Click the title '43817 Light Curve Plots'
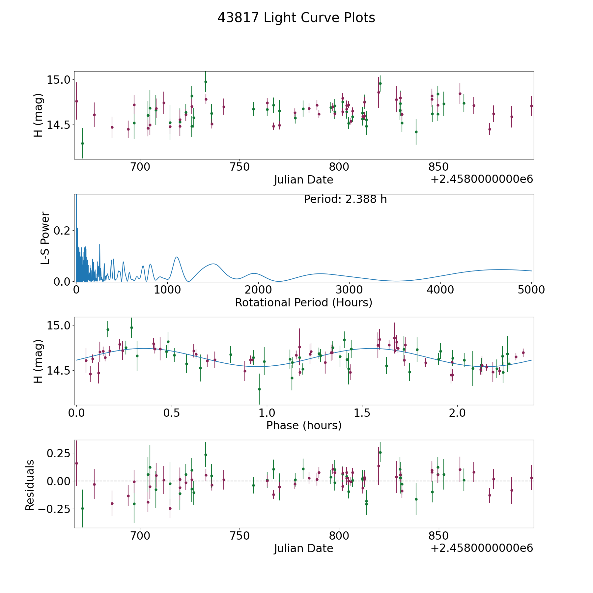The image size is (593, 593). (x=296, y=18)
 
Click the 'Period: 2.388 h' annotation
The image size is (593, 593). (x=345, y=199)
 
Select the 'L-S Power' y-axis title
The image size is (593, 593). (x=45, y=238)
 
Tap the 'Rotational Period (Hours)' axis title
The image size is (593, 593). (x=303, y=302)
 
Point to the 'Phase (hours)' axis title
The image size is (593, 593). (x=303, y=425)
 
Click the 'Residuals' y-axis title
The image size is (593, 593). (x=30, y=485)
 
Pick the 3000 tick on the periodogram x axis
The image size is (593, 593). (x=349, y=290)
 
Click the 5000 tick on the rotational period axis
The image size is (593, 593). (x=531, y=290)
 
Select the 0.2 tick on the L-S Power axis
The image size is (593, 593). (x=63, y=231)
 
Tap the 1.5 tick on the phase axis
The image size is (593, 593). (x=362, y=413)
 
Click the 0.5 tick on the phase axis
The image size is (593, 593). (x=172, y=413)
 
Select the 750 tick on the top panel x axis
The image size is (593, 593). (x=240, y=167)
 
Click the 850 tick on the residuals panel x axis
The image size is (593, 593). (x=438, y=536)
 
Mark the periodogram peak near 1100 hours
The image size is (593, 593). (x=177, y=257)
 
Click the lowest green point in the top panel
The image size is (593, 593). (x=82, y=143)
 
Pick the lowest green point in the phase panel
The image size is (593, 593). (x=259, y=389)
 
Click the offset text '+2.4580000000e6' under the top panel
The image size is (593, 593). (x=482, y=180)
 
